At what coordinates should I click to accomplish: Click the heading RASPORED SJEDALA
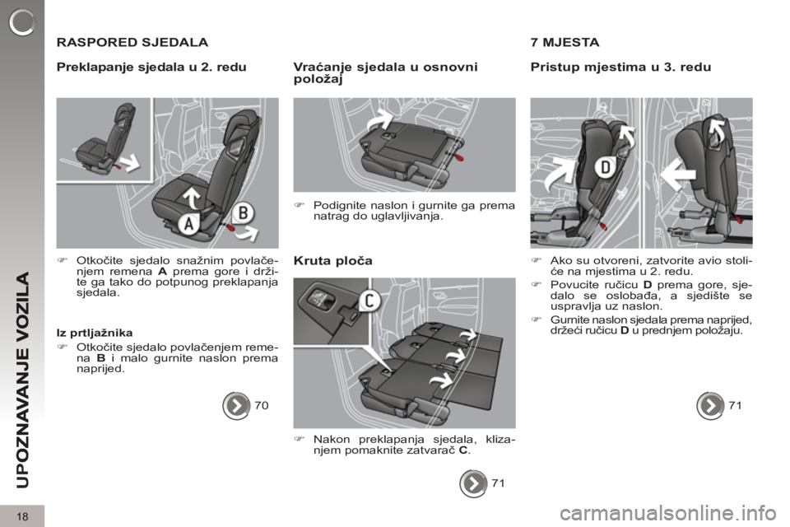pos(132,42)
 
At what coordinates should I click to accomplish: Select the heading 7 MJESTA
pos(565,42)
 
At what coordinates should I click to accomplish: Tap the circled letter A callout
pos(188,223)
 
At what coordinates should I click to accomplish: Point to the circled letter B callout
pos(243,212)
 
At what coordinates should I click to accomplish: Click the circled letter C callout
pos(369,301)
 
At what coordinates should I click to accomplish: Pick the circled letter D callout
pos(606,167)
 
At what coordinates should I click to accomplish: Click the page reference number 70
pos(262,405)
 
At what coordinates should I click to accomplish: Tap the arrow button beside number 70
pos(236,405)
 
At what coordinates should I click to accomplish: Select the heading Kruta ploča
pos(333,261)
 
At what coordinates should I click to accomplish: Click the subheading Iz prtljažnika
pos(95,333)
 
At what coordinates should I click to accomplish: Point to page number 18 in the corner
pos(22,516)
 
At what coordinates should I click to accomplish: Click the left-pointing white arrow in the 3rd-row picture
pos(679,175)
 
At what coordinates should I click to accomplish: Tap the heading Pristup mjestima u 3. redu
pos(620,67)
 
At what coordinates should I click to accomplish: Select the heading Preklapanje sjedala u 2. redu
pos(151,67)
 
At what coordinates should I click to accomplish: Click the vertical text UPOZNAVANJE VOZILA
pos(23,380)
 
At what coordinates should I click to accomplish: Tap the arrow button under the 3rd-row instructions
pos(710,405)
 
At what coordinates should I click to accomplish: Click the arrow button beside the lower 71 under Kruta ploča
pos(473,483)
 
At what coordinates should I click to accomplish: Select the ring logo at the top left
pos(22,22)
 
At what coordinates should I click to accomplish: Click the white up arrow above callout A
pos(192,198)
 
